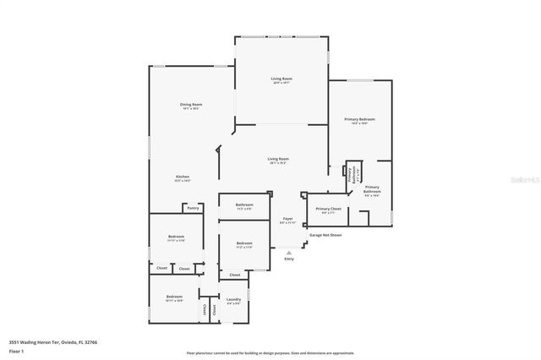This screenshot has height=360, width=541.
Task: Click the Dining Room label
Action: pos(191,105)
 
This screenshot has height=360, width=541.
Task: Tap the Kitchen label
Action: pos(183,177)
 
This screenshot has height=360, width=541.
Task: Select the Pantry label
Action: pos(193,207)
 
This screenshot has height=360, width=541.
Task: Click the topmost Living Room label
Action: pos(281,79)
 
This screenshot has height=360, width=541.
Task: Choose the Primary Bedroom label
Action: pos(359,120)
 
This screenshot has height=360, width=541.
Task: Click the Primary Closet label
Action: pos(328,209)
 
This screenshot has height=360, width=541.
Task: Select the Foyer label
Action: pos(287,219)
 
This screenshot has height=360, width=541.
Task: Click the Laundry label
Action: pos(234,299)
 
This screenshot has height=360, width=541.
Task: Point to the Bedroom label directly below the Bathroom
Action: pos(243,244)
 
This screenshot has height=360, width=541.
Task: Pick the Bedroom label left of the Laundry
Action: pos(174,297)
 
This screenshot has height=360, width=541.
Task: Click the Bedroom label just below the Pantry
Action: pos(175,237)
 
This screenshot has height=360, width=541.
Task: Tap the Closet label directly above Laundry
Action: pos(235,275)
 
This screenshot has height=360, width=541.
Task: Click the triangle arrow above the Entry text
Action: pos(289,251)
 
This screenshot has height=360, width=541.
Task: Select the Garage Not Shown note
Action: pos(325,235)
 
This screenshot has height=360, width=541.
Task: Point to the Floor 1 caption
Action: pos(16,352)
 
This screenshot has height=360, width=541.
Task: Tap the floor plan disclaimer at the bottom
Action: pos(270,352)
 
